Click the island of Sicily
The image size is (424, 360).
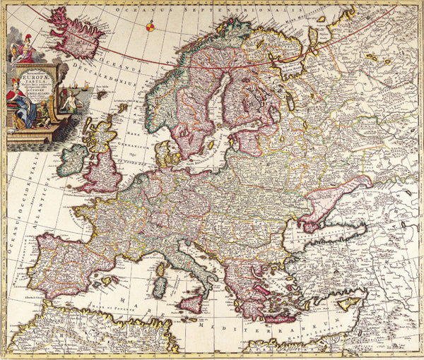[x=191, y=304]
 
